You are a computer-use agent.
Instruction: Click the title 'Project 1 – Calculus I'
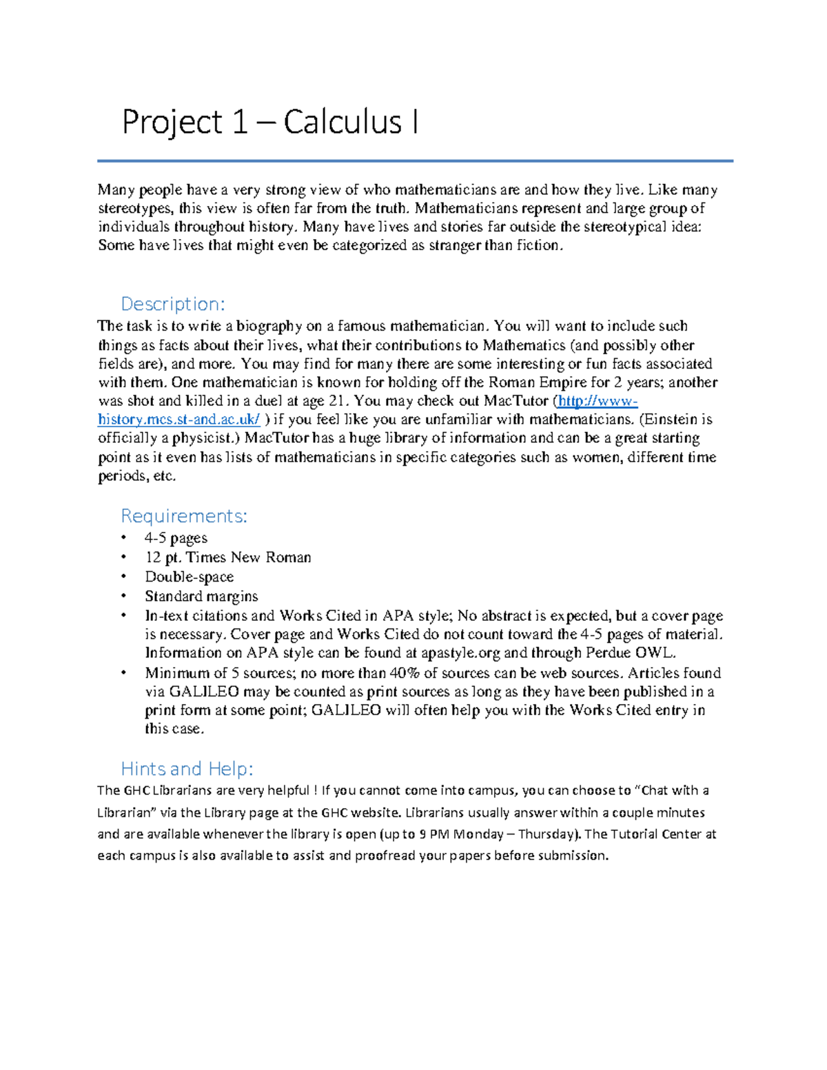(269, 123)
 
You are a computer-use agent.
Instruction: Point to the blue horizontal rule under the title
(415, 161)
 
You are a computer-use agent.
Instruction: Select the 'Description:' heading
(172, 304)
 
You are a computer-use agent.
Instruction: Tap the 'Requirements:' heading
(183, 516)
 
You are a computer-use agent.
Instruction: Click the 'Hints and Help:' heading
(187, 768)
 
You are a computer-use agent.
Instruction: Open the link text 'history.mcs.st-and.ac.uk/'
(179, 420)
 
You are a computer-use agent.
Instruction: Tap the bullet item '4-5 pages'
(176, 538)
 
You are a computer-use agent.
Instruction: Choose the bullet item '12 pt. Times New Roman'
(227, 557)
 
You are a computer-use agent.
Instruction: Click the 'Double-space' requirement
(189, 577)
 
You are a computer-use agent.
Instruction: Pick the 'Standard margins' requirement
(201, 596)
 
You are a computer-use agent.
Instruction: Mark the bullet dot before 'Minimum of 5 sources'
(124, 673)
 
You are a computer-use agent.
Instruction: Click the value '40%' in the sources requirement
(405, 673)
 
